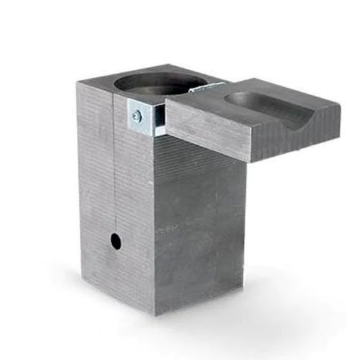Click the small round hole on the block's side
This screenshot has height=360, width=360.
[x=115, y=240]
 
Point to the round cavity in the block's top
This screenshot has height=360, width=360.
[x=155, y=84]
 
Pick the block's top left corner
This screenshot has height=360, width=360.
[x=77, y=82]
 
